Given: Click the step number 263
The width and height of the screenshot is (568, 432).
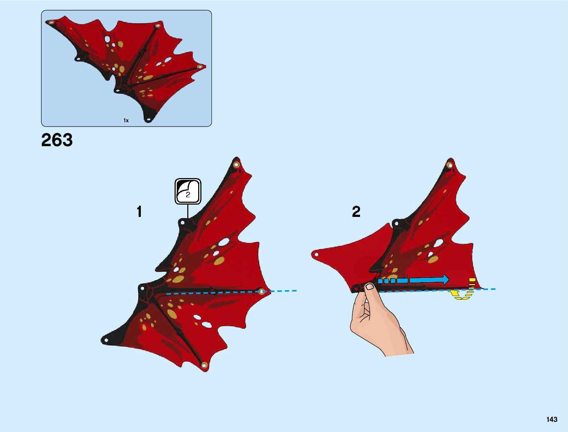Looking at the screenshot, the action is (57, 140).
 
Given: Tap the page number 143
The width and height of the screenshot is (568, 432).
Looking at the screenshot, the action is (552, 419).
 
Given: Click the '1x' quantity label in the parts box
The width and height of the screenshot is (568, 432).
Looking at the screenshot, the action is (126, 120).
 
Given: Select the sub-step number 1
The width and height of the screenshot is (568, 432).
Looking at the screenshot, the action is (139, 212).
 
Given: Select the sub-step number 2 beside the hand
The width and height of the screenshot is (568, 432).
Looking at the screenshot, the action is (356, 211).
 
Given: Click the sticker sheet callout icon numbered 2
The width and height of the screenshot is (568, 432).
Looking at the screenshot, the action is (188, 191).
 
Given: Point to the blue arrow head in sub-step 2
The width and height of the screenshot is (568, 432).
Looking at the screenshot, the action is (445, 279).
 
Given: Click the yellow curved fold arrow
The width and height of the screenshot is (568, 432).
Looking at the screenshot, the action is (459, 295).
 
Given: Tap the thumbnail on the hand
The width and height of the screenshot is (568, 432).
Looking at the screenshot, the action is (369, 287).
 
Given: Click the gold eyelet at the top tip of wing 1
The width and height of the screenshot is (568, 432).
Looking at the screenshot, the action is (236, 165).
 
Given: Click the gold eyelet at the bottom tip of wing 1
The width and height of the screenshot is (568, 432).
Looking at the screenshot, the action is (204, 365).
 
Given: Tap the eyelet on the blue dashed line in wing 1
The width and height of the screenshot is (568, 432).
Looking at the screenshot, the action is (261, 291).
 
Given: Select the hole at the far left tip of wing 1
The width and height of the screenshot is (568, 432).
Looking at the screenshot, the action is (106, 340).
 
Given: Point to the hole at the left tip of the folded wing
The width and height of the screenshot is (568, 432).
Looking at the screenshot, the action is (316, 254).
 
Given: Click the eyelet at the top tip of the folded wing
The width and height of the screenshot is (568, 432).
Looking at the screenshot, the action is (450, 165).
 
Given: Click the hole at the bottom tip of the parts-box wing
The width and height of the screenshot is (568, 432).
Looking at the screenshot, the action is (148, 119).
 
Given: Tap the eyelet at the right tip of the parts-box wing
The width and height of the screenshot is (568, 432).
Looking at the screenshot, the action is (199, 67).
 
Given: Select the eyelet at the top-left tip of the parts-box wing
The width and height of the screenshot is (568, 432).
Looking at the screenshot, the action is (51, 22).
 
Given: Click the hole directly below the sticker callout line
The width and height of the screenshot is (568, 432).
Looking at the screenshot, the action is (183, 222).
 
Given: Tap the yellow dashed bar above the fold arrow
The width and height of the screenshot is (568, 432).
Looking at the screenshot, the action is (472, 280).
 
